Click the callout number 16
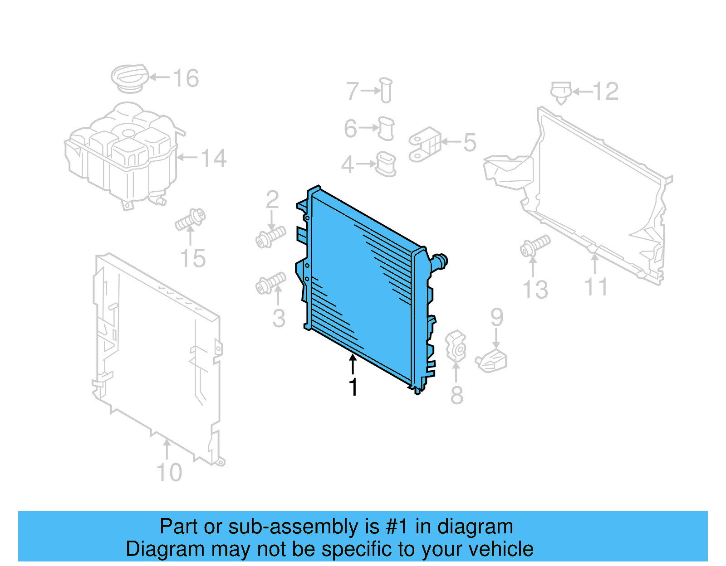(x=186, y=78)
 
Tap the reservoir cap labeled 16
(x=130, y=77)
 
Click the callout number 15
(x=193, y=259)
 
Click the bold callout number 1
(x=353, y=387)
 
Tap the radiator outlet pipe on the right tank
(x=439, y=261)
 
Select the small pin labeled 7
(x=386, y=90)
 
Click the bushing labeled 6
(x=386, y=128)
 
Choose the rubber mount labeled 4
(x=386, y=164)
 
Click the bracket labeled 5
(x=424, y=144)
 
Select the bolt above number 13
(x=535, y=245)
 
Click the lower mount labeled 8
(x=456, y=346)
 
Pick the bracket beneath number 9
(x=492, y=362)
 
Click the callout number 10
(x=169, y=473)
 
